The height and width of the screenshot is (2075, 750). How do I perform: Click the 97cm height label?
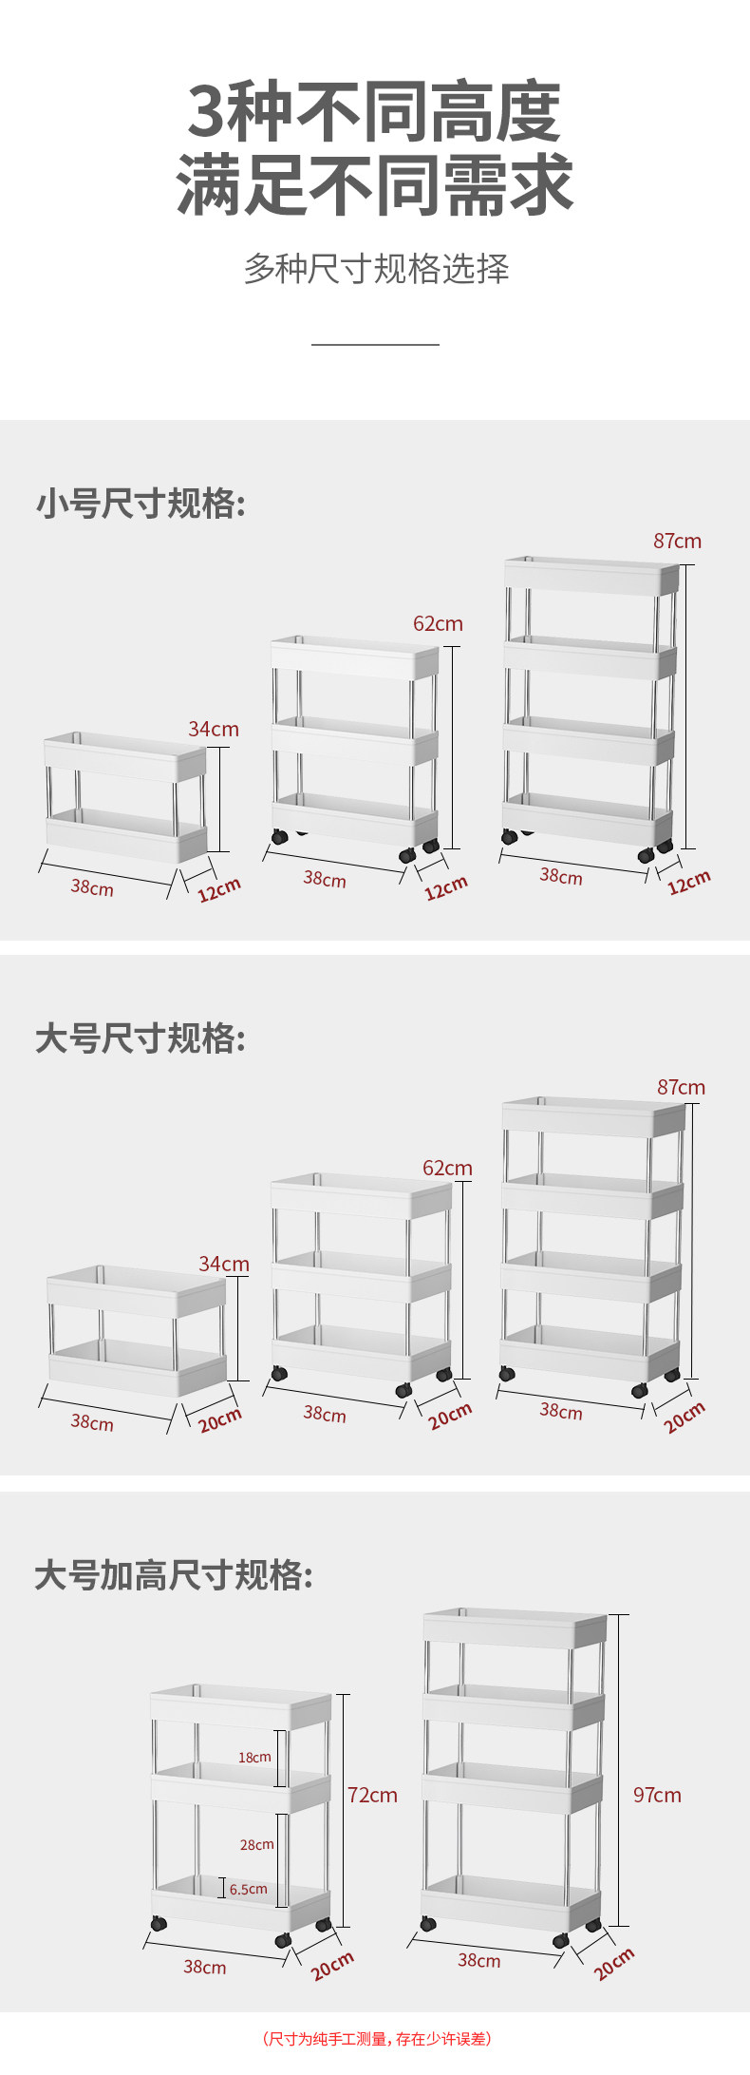pyautogui.click(x=657, y=1795)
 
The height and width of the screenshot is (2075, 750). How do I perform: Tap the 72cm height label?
pyautogui.click(x=372, y=1795)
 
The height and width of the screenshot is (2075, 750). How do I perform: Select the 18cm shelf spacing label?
pyautogui.click(x=254, y=1758)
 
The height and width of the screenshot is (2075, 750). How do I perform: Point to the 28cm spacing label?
pyautogui.click(x=256, y=1844)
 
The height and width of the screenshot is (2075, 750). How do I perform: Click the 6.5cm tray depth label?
pyautogui.click(x=249, y=1889)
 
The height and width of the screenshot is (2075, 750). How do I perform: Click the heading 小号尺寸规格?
pyautogui.click(x=141, y=503)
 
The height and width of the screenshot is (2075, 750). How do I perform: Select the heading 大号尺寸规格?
pyautogui.click(x=141, y=1038)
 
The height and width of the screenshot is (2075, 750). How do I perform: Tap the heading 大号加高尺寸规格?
pyautogui.click(x=175, y=1574)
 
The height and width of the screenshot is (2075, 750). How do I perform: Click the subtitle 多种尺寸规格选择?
pyautogui.click(x=376, y=269)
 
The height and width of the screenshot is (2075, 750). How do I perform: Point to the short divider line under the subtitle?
pyautogui.click(x=375, y=344)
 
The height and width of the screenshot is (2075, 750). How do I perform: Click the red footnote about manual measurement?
pyautogui.click(x=376, y=2037)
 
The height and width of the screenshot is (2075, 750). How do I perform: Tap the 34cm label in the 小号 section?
pyautogui.click(x=214, y=729)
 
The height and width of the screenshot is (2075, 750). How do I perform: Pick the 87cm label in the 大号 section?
pyautogui.click(x=681, y=1087)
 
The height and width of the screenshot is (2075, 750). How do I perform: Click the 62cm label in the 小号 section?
pyautogui.click(x=438, y=623)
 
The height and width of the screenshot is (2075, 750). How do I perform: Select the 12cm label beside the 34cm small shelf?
pyautogui.click(x=219, y=889)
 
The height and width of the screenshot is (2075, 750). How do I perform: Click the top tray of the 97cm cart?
pyautogui.click(x=514, y=1628)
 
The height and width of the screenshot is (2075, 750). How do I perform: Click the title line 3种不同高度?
pyautogui.click(x=375, y=112)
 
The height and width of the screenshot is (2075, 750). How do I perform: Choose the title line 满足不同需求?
pyautogui.click(x=375, y=185)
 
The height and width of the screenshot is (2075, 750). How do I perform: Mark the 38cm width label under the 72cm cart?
pyautogui.click(x=205, y=1967)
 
